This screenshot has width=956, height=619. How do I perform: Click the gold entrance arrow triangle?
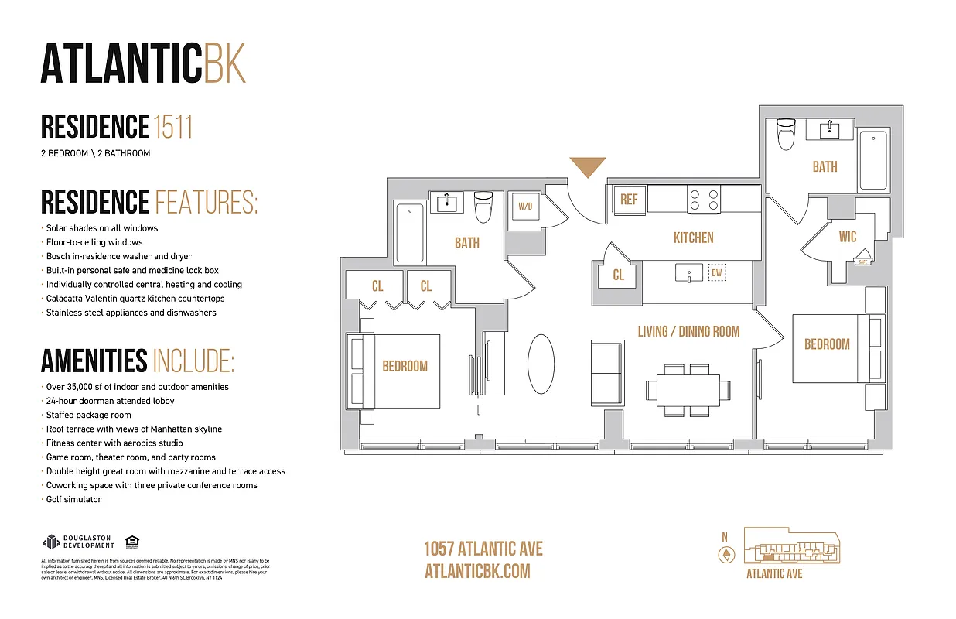588,166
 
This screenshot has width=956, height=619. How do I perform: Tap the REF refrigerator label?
629,200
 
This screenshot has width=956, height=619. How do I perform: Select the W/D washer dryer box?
525,207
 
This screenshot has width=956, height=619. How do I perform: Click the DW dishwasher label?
716,272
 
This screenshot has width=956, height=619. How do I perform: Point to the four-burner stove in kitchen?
704,200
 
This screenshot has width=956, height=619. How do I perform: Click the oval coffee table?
541,364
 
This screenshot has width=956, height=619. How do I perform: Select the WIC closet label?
848,237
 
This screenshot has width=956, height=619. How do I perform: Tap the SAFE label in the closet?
862,262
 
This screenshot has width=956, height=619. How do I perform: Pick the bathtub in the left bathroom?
410,233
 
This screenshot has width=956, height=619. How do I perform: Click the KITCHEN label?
693,238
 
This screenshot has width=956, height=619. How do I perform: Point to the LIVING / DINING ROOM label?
688,331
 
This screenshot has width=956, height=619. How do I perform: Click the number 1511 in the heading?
172,127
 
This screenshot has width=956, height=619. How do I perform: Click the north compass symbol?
726,553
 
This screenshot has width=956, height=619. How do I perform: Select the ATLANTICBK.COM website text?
477,571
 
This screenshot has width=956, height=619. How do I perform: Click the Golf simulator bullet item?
73,499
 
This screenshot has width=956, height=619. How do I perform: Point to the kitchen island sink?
688,273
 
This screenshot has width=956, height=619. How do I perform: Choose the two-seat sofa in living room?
606,368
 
